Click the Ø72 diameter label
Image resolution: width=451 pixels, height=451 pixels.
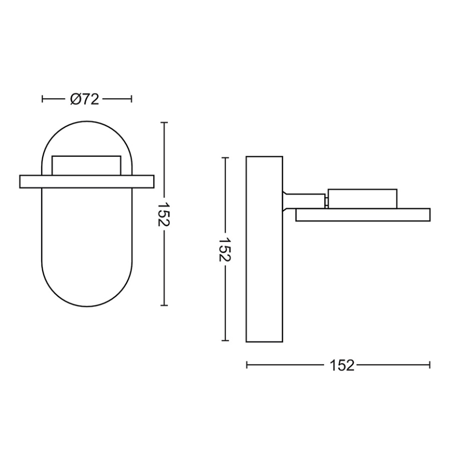(86, 99)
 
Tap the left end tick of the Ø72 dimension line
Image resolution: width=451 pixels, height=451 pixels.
(43, 99)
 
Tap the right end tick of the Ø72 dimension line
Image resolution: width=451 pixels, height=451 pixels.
(131, 99)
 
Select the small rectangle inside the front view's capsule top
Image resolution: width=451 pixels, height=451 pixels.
(86, 165)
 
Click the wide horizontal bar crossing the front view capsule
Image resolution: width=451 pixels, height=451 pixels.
(86, 181)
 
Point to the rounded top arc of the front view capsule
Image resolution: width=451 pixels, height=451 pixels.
(86, 127)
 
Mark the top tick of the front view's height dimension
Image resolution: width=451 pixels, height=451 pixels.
(165, 123)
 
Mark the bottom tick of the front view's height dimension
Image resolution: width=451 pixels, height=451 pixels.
(165, 306)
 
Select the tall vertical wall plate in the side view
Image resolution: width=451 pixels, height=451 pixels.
(264, 249)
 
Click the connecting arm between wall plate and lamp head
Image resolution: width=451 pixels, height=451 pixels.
(304, 201)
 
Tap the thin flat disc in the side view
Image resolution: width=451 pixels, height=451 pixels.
(363, 215)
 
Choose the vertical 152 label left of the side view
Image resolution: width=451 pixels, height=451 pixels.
(225, 250)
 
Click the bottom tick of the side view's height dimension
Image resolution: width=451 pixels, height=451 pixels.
(225, 341)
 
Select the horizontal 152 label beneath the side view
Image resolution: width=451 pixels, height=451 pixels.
(341, 365)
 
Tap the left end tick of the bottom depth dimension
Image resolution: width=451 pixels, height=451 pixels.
(247, 365)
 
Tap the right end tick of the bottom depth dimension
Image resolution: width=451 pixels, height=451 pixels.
(430, 365)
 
